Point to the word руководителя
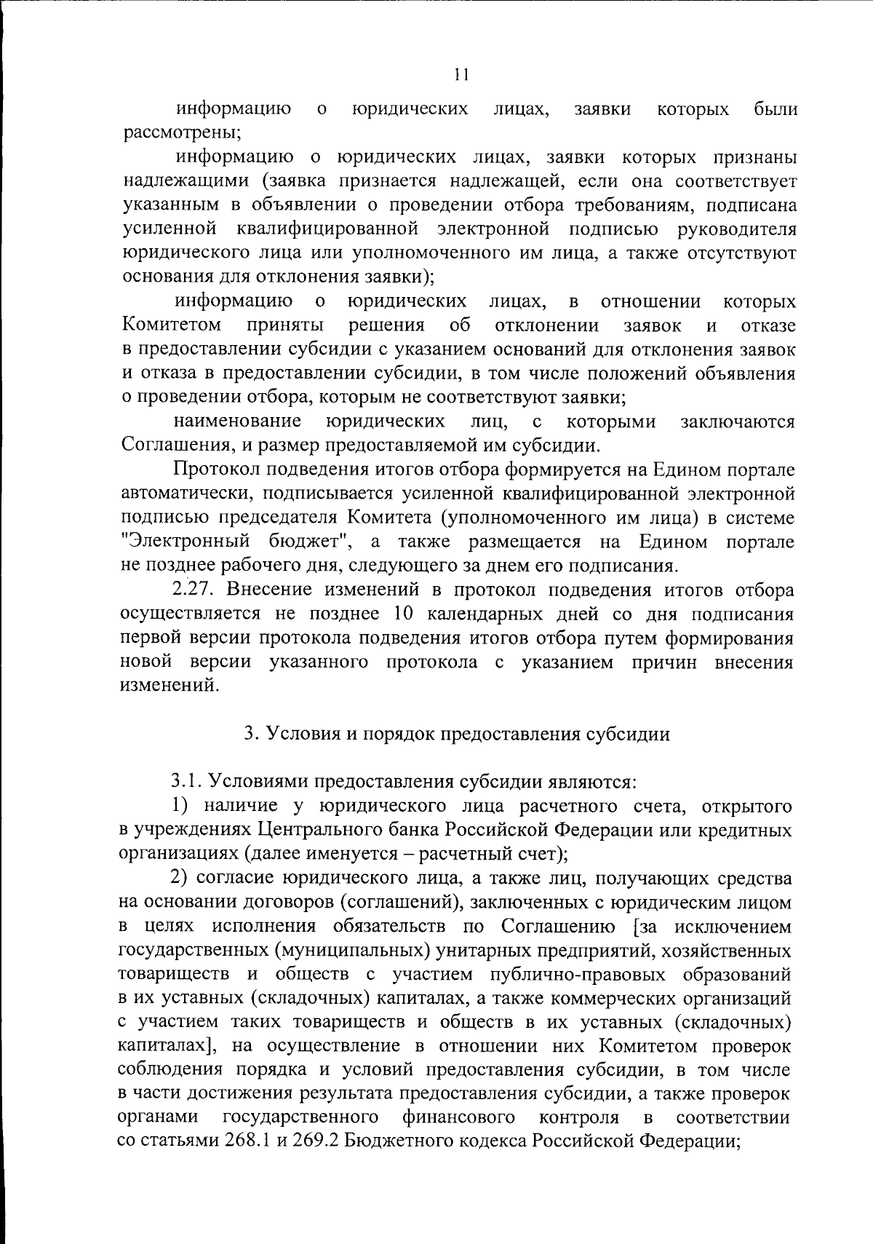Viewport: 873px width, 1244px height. point(736,229)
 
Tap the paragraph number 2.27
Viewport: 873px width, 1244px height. point(191,590)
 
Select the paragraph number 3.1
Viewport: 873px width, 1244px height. point(186,782)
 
